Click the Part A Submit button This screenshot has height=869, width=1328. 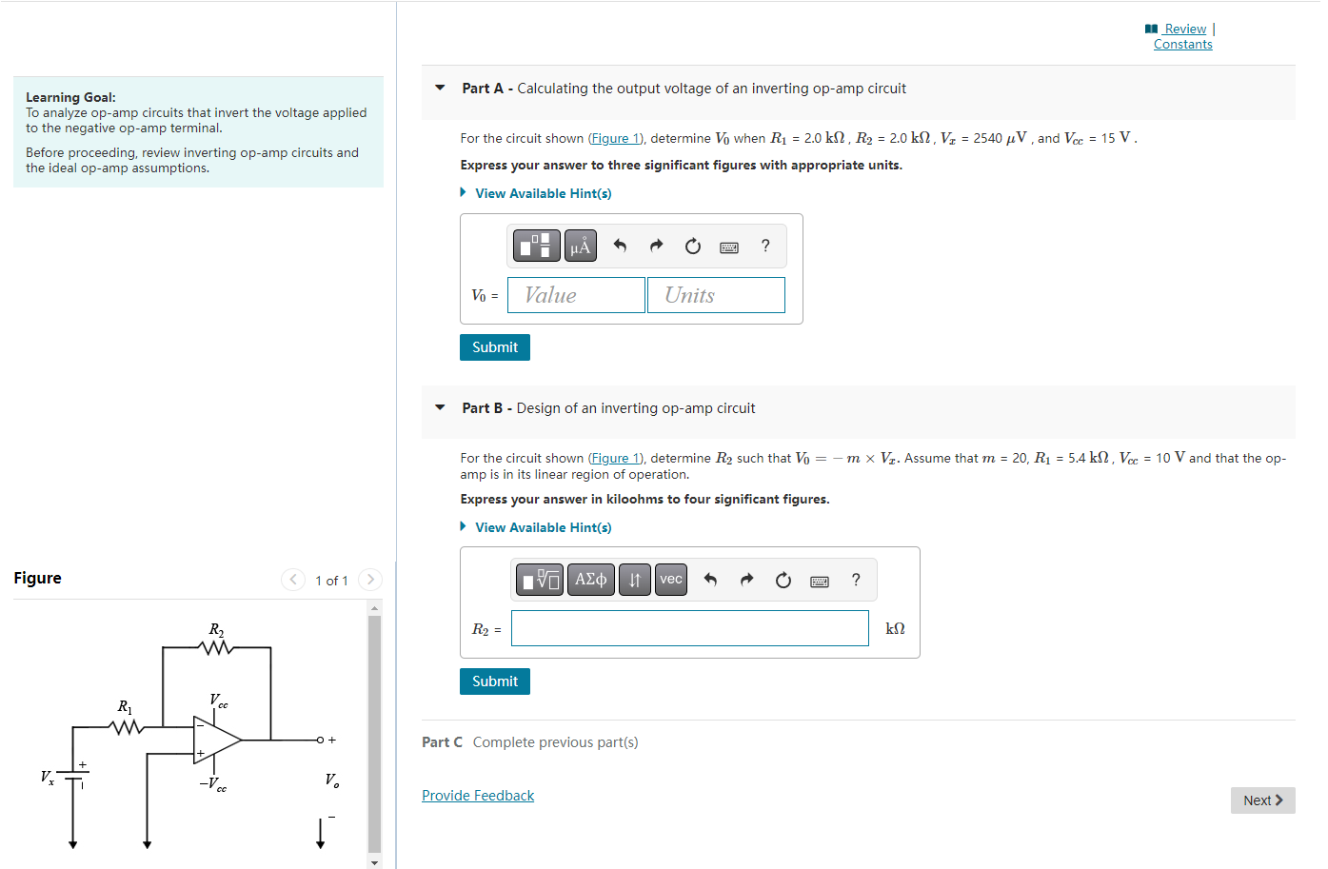494,347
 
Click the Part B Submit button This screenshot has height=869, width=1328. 494,681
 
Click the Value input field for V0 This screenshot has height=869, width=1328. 576,295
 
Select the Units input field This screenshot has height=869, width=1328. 716,295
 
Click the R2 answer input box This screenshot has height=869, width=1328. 689,628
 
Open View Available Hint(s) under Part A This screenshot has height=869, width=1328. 543,193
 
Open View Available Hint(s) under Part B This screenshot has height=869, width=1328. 543,527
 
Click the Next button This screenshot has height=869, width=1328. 1262,800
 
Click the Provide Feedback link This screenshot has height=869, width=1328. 478,796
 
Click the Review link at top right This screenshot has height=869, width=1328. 1184,29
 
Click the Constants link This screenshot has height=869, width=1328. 1182,45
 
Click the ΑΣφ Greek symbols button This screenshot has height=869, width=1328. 590,580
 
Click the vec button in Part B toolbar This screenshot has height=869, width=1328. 671,580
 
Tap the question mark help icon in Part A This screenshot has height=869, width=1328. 765,246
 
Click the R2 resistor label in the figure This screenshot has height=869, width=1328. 216,630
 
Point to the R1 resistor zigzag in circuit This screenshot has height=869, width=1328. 127,728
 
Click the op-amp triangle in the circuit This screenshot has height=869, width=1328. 215,740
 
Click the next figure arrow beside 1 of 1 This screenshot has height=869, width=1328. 370,580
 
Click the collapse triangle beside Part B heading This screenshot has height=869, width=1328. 440,407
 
